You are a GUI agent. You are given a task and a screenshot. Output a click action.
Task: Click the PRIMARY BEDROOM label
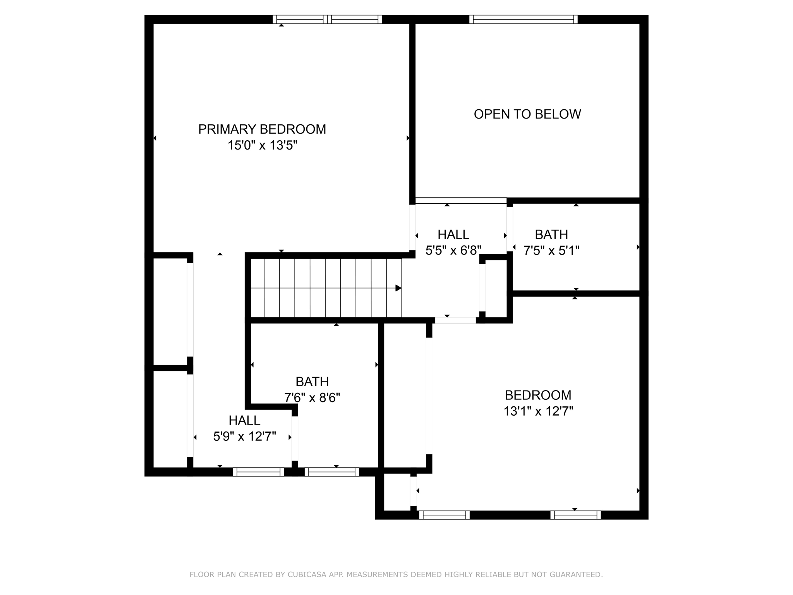coord(262,129)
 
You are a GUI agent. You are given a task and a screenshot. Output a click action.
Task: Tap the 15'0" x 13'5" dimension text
coord(262,145)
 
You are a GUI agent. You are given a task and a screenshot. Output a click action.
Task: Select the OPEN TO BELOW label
coord(527,114)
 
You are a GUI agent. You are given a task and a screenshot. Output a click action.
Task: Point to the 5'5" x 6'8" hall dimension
coord(453,251)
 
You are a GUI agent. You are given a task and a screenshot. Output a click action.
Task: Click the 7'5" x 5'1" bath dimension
coord(551,251)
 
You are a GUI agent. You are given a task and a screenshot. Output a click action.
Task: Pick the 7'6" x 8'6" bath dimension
coord(312,398)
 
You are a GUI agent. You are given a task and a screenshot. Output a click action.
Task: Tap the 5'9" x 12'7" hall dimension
coord(244,437)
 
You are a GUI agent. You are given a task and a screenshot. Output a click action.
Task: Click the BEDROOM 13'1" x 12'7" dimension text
coord(538,411)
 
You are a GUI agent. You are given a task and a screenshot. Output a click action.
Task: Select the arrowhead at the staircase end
coord(398,288)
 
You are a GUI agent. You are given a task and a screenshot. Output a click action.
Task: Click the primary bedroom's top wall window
coord(327,19)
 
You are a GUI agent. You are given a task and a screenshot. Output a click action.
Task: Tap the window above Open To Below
coord(524,19)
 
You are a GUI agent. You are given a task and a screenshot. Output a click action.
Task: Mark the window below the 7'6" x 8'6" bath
coord(332,472)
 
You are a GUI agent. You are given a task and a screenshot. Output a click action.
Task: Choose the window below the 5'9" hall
coord(258,472)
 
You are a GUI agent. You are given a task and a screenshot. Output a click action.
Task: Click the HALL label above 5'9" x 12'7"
coord(244,420)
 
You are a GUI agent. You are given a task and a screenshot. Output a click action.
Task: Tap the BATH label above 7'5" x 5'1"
coord(551,234)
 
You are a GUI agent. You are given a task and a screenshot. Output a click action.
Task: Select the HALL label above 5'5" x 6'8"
coord(453,234)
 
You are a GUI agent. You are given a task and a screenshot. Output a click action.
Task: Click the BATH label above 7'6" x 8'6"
coord(312,382)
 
